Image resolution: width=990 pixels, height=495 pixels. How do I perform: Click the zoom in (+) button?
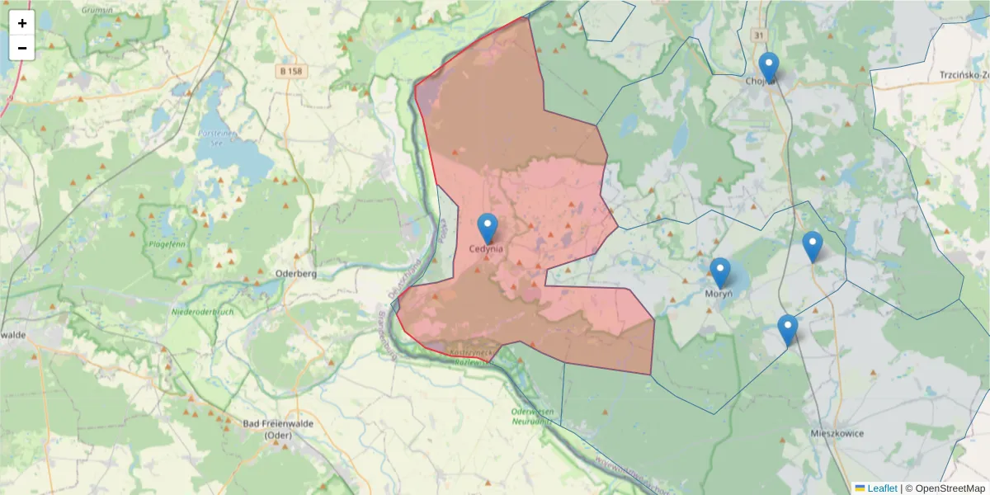(x=22, y=23)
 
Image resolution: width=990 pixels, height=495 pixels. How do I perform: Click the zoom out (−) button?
(x=22, y=48)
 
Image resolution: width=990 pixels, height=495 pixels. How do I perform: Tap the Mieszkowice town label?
(x=837, y=432)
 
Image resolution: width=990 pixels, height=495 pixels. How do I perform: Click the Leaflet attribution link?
(x=881, y=488)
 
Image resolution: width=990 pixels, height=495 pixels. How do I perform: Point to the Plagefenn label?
(x=167, y=244)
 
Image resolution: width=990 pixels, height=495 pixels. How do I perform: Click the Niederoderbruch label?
(x=202, y=312)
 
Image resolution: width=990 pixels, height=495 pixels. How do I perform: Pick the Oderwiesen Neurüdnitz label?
(x=531, y=416)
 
